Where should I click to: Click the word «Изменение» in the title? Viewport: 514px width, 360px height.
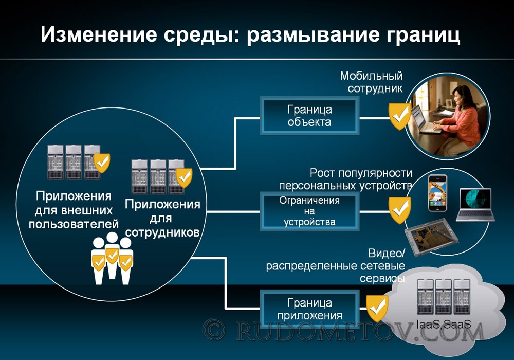[x=99, y=34]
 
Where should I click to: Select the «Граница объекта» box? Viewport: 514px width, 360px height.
[x=309, y=115]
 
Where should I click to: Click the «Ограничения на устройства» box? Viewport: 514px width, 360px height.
[x=309, y=211]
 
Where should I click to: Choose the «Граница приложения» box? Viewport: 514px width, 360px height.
[x=309, y=309]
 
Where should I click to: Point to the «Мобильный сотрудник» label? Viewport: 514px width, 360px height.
[x=372, y=82]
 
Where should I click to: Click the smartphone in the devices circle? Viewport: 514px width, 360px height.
[x=437, y=193]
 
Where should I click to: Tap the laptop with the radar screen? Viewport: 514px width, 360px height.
[x=475, y=205]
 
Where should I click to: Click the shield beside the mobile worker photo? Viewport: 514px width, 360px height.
[x=399, y=116]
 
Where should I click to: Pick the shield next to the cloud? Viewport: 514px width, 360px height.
[x=377, y=308]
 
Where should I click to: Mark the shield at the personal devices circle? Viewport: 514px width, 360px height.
[x=399, y=210]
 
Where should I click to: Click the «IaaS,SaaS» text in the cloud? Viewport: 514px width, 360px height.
[x=444, y=325]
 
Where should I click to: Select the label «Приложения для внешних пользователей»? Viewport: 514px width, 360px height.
[x=74, y=210]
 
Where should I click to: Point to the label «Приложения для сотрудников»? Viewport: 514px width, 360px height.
[x=162, y=219]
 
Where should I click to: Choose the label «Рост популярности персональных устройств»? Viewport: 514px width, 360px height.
[x=345, y=179]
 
